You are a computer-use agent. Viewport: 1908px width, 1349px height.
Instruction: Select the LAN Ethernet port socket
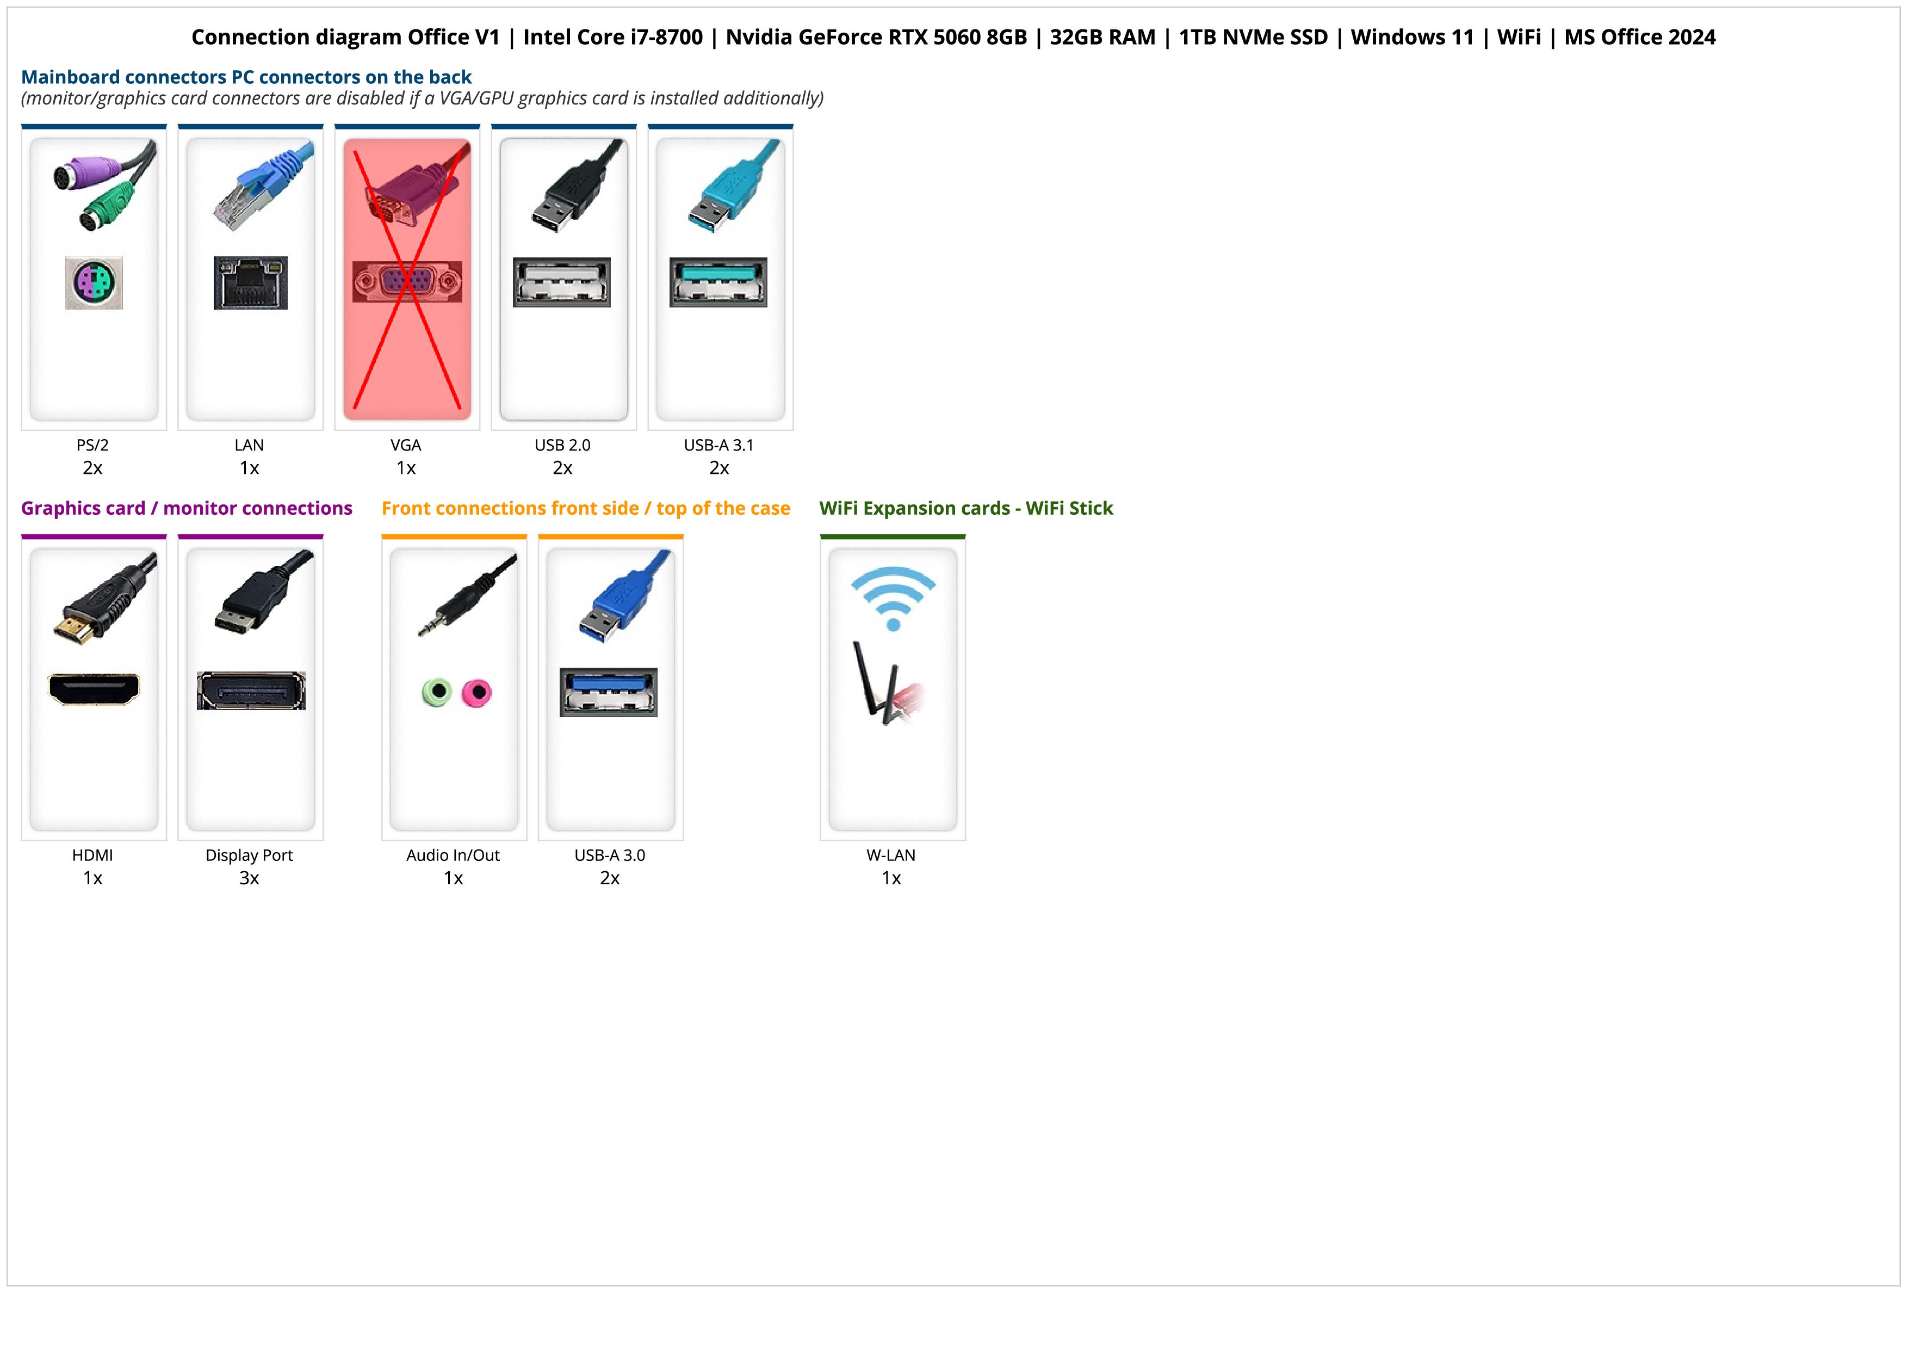coord(250,282)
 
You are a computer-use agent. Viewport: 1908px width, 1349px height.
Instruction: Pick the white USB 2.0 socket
coord(562,282)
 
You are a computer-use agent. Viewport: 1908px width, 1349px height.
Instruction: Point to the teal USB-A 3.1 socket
coord(718,282)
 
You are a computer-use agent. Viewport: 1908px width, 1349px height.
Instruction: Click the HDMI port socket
coord(94,689)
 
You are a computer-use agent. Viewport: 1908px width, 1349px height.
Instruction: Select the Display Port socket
coord(250,691)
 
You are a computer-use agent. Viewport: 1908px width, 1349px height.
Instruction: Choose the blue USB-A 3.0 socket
coord(608,692)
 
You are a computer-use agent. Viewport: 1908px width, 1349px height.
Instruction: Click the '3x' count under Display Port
coord(249,878)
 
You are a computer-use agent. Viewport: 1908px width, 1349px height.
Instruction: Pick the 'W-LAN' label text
coord(891,855)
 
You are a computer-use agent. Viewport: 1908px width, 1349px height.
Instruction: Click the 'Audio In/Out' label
coord(453,855)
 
